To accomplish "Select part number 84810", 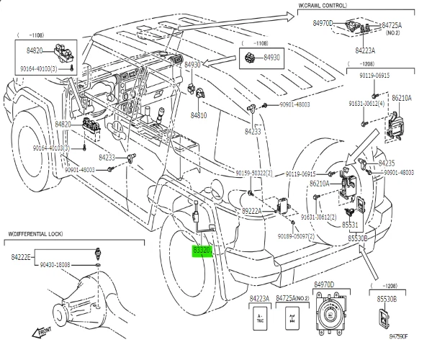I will (199, 114).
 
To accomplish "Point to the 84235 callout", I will (387, 163).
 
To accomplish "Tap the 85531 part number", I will (357, 225).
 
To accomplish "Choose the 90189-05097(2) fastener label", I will (301, 235).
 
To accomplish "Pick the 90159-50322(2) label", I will (253, 174).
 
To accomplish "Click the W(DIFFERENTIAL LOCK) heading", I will (37, 234).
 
